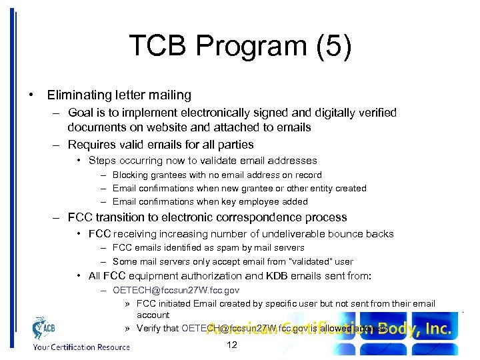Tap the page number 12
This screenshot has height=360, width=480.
232,345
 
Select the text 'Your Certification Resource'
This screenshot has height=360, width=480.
73,347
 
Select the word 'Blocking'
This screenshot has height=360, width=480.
133,175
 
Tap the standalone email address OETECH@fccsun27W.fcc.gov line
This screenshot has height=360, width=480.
176,290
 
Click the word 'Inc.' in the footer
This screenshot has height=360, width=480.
439,329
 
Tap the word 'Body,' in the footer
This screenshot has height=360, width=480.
401,329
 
